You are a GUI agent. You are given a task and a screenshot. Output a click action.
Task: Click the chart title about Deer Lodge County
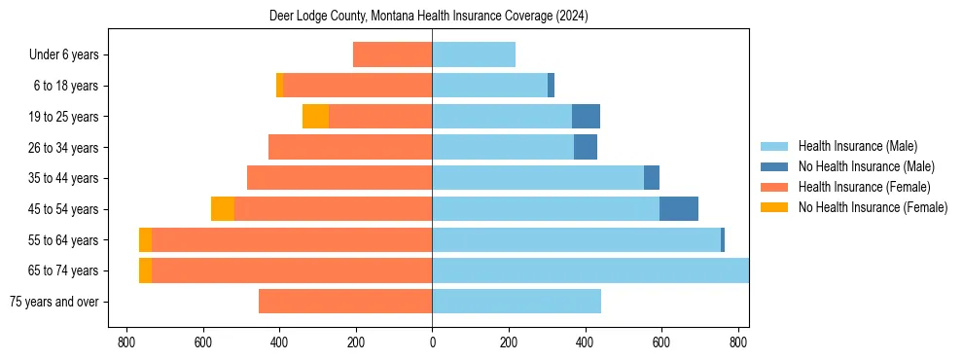[428, 17]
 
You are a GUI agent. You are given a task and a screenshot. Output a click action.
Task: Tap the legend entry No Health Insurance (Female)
[873, 207]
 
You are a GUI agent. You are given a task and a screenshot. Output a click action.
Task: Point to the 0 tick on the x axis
[432, 342]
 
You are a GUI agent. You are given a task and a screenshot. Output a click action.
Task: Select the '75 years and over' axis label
[54, 302]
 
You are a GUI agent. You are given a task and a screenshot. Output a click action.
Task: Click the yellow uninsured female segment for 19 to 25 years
[315, 117]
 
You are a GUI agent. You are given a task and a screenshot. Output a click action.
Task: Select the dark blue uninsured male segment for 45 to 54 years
[679, 209]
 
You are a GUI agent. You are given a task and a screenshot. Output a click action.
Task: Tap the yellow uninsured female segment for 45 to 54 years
[223, 209]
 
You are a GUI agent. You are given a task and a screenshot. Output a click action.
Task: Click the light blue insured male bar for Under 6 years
[474, 55]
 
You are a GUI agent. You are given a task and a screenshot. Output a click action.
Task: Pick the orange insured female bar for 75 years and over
[345, 302]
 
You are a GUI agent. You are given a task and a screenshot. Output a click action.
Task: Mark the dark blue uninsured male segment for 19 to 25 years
[586, 117]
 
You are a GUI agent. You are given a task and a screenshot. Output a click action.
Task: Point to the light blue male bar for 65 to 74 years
[590, 270]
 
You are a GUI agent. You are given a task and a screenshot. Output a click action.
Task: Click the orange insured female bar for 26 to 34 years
[350, 147]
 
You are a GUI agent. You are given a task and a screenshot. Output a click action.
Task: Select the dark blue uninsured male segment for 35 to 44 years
[652, 178]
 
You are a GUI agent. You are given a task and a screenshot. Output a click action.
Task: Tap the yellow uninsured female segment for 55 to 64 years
[145, 240]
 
